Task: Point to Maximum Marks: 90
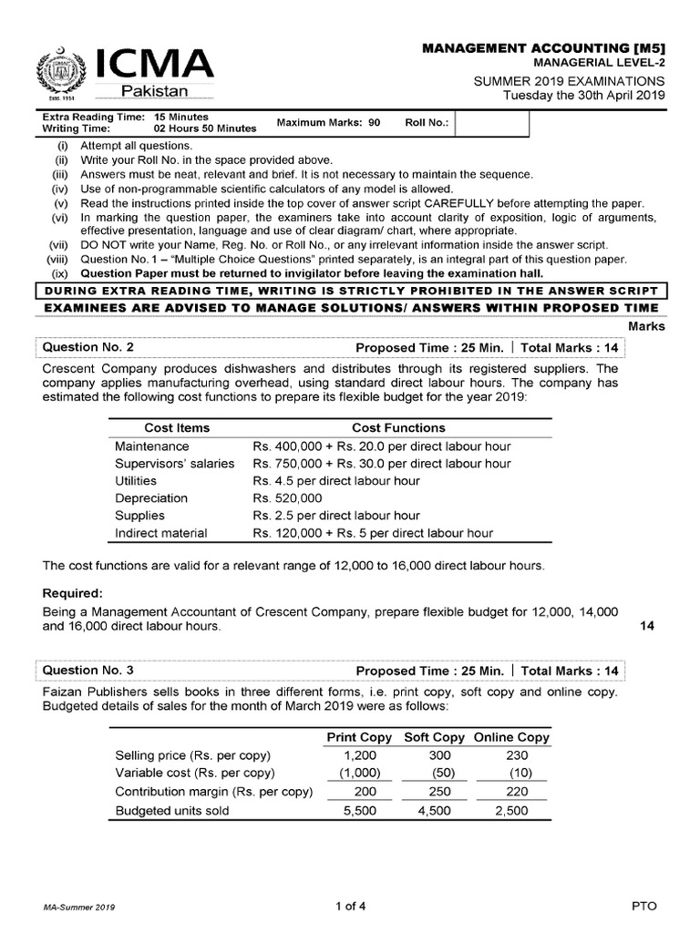328,122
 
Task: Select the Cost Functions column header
398,427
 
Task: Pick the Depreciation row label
151,498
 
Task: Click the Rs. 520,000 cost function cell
287,498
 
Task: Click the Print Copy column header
359,737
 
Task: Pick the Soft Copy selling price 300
439,755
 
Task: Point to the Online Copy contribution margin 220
516,792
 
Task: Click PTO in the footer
643,907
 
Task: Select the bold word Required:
76,593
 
